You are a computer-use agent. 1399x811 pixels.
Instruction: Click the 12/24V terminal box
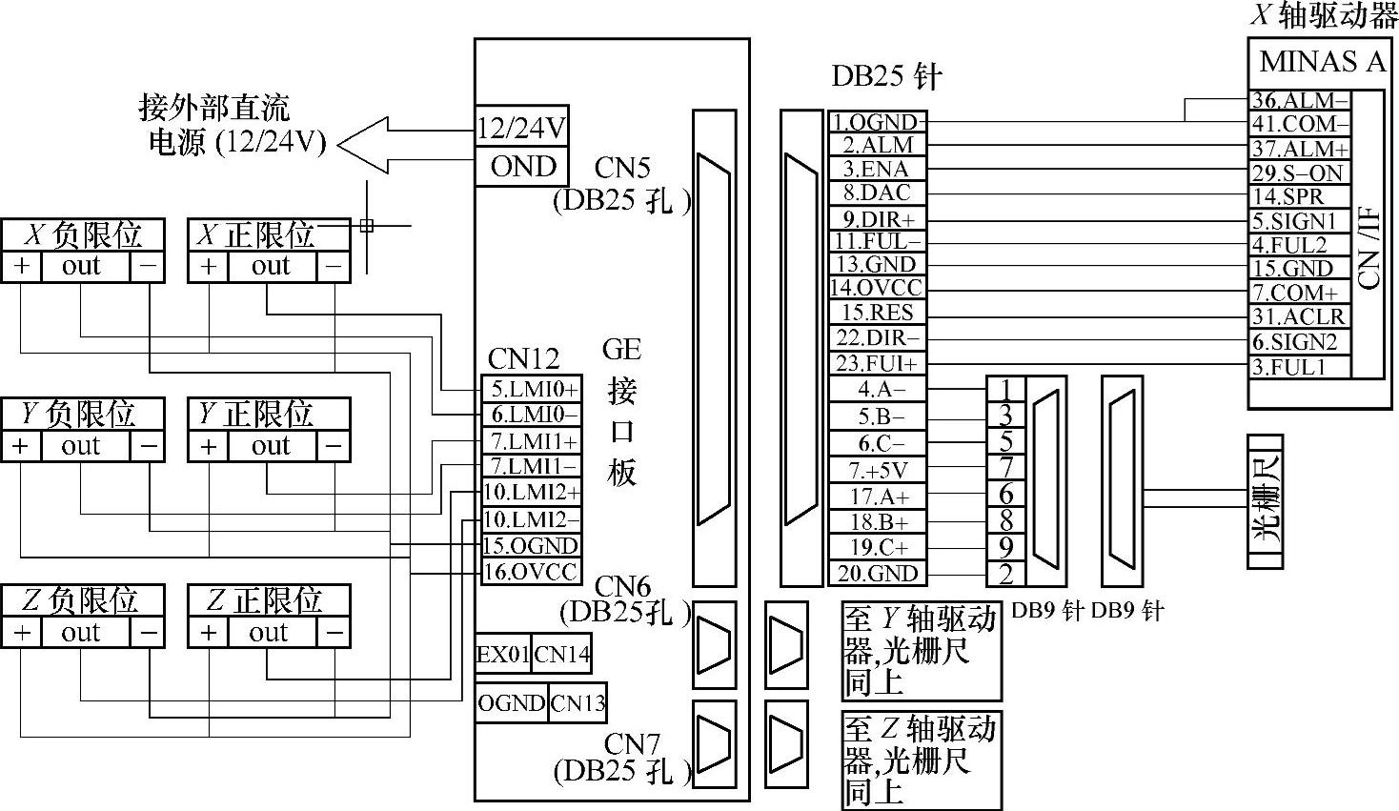coord(521,127)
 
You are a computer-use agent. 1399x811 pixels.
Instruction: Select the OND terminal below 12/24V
coord(521,167)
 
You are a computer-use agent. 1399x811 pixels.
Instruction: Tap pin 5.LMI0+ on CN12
coord(531,389)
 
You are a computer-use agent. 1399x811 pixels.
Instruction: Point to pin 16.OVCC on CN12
coord(531,572)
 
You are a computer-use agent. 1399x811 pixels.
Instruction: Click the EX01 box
coord(502,655)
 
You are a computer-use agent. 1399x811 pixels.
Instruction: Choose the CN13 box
coord(578,703)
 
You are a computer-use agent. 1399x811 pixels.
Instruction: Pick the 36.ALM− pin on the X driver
coord(1300,101)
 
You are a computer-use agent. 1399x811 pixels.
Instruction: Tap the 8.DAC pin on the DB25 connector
coord(876,193)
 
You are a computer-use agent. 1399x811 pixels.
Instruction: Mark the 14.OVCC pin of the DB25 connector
coord(876,288)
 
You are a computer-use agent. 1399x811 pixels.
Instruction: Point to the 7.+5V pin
coord(876,470)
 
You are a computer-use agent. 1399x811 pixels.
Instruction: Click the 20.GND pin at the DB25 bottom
coord(876,574)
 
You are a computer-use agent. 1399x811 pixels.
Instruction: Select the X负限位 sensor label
coord(83,234)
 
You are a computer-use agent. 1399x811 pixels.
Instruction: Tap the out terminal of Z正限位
coord(269,633)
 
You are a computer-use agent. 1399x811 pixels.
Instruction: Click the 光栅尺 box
coord(1265,501)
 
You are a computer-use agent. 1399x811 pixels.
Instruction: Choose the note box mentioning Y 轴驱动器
coord(921,650)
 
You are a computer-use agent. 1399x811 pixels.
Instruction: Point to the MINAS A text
coord(1321,63)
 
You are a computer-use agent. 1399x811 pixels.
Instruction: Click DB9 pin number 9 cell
coord(1005,547)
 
